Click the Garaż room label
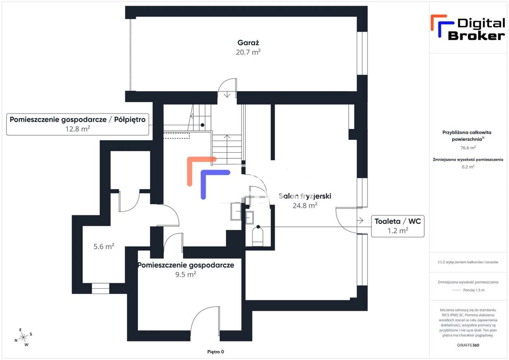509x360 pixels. pyautogui.click(x=248, y=43)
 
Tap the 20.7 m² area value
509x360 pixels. pyautogui.click(x=248, y=52)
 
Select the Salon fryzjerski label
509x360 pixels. pyautogui.click(x=305, y=196)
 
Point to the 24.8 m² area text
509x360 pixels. pyautogui.click(x=305, y=205)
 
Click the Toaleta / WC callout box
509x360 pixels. pyautogui.click(x=398, y=226)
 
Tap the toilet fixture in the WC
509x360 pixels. pyautogui.click(x=258, y=237)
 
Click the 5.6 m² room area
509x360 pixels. pyautogui.click(x=104, y=246)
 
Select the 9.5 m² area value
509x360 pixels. pyautogui.click(x=186, y=274)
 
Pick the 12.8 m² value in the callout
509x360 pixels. pyautogui.click(x=78, y=129)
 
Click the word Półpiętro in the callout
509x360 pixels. pyautogui.click(x=130, y=120)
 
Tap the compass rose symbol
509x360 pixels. pyautogui.click(x=23, y=337)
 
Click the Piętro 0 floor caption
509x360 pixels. pyautogui.click(x=216, y=352)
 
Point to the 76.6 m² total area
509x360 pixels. pyautogui.click(x=468, y=148)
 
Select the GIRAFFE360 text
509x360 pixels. pyautogui.click(x=468, y=345)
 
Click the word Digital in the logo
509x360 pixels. pyautogui.click(x=481, y=23)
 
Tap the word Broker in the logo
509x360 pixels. pyautogui.click(x=476, y=36)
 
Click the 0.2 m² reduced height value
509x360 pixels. pyautogui.click(x=468, y=167)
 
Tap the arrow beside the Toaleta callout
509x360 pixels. pyautogui.click(x=360, y=220)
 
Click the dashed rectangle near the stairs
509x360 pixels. pyautogui.click(x=177, y=136)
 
